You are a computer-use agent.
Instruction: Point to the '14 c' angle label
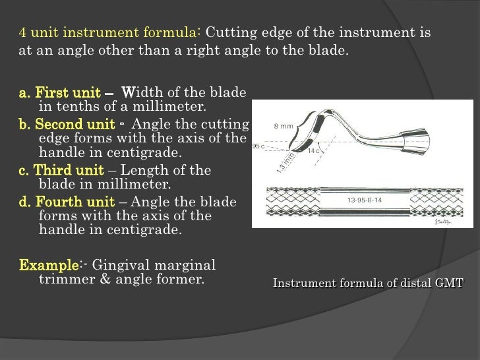pos(313,152)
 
